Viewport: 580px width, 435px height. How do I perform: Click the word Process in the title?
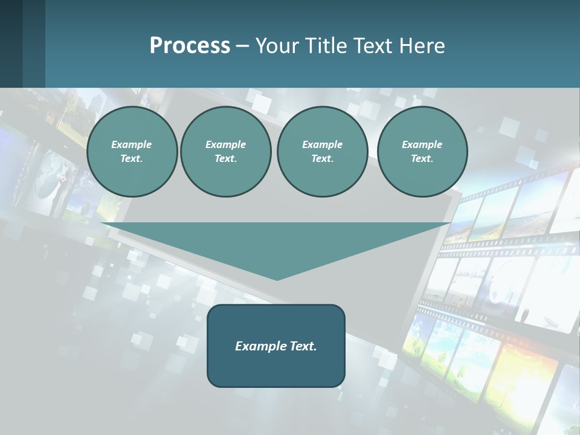(x=190, y=46)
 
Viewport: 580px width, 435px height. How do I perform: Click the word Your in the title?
(x=276, y=46)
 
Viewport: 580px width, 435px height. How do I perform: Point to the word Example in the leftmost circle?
(x=132, y=144)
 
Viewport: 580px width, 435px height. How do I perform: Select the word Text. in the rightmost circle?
(x=422, y=158)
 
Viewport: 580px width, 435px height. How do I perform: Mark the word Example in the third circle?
(x=322, y=144)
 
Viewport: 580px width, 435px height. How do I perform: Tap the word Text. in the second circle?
(x=226, y=158)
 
